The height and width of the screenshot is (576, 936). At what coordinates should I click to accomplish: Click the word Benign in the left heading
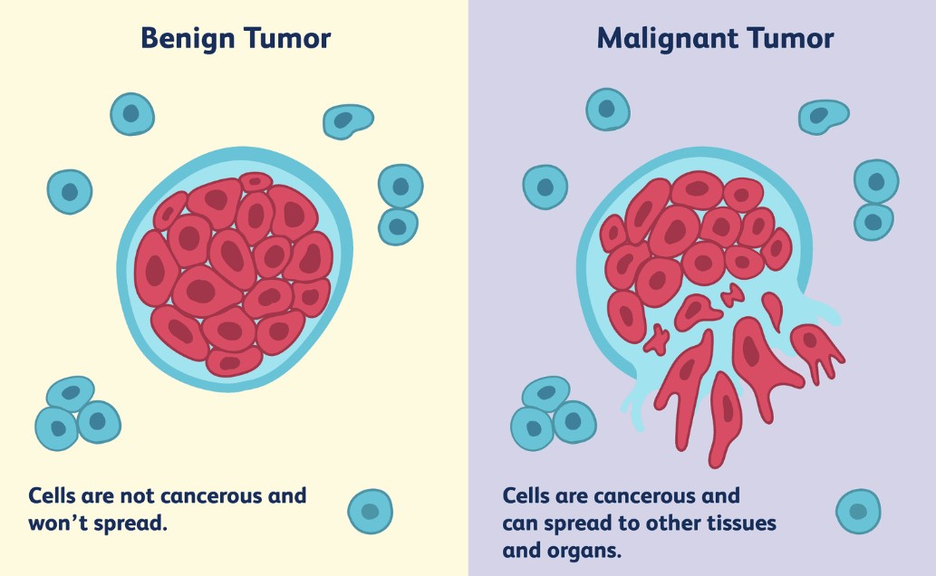point(188,39)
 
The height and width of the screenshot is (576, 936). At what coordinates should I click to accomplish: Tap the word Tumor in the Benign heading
point(287,38)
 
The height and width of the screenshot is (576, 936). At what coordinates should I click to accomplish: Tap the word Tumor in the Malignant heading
point(790,38)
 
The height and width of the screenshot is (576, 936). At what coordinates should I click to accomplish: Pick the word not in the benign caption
point(138,496)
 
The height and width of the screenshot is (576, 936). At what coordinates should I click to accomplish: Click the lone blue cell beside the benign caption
point(370,511)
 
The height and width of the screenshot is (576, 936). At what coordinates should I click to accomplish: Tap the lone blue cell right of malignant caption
point(858,511)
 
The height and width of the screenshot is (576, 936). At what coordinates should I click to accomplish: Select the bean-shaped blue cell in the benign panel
point(347,121)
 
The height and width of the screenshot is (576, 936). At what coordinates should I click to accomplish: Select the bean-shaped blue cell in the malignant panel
point(823,117)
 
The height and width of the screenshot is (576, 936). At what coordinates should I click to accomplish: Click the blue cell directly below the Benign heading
point(132,114)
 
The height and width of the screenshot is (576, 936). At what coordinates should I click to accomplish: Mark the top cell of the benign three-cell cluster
point(71,393)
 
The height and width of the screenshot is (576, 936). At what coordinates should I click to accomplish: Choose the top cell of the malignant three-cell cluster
point(546,393)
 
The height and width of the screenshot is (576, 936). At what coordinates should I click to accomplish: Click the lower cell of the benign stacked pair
point(398,226)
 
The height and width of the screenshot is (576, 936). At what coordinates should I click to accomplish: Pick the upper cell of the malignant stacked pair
point(876,181)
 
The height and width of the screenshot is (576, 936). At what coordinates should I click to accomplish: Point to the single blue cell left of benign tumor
point(70,192)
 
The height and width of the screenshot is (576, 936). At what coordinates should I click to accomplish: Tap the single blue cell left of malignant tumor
point(545,187)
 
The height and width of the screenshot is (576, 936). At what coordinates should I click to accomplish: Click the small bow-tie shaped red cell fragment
point(732,295)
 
